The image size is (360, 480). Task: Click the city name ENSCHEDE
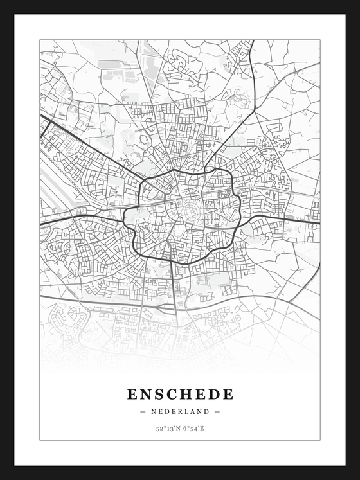pos(180,394)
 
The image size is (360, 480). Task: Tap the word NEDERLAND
pos(180,411)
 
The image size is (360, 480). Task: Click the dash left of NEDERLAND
pos(143,411)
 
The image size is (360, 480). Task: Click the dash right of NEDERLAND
pos(217,411)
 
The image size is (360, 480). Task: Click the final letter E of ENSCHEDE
pos(228,394)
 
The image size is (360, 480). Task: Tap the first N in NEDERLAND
pos(154,411)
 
